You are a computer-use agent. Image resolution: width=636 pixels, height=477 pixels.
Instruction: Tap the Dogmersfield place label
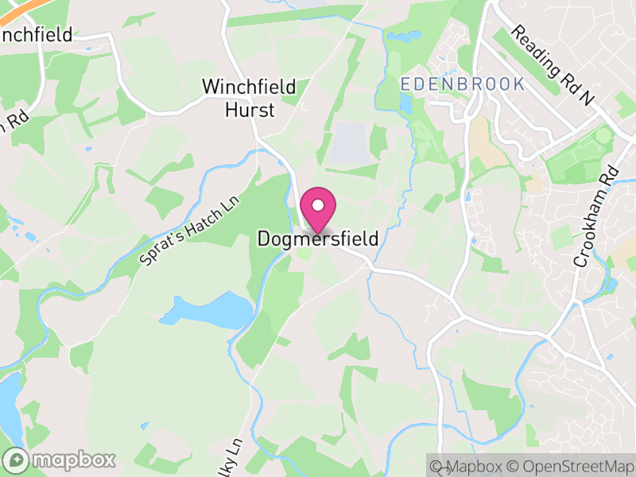coord(317,238)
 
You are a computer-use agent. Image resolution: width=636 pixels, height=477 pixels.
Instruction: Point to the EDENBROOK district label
coord(463,83)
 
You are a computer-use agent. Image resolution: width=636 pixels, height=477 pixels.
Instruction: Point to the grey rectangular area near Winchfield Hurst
coord(348,142)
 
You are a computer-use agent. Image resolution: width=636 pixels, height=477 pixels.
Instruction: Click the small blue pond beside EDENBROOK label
coord(406,103)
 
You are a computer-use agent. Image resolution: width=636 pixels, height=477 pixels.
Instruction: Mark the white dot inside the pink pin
coord(317,205)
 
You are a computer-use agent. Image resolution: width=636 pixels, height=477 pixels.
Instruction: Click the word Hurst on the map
coord(249,109)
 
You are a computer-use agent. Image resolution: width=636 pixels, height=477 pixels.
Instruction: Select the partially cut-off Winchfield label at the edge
coord(36,35)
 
